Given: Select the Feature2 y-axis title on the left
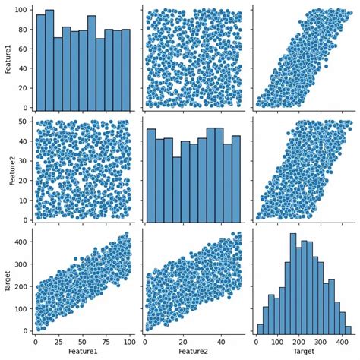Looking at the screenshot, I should pos(7,168).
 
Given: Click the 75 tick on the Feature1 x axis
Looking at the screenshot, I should pos(107,342).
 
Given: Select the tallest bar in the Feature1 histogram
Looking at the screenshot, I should pos(49,61).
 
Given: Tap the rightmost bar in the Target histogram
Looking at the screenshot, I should pos(348,330).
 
